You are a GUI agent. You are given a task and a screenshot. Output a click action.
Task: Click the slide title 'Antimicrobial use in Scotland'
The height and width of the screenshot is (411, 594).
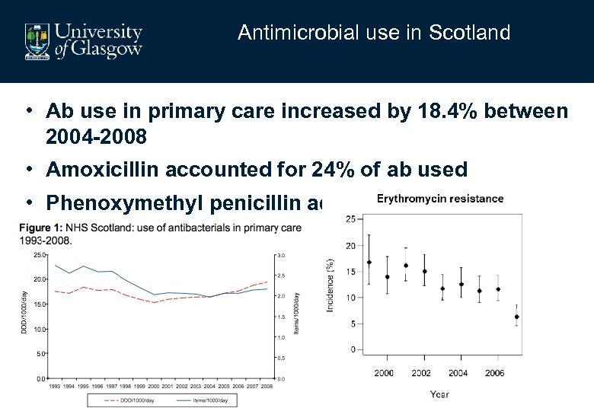373,33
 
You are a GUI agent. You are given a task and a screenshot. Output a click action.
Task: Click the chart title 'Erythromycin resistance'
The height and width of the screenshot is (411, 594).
440,199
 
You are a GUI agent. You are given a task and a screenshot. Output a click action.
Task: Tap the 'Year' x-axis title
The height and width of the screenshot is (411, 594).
439,393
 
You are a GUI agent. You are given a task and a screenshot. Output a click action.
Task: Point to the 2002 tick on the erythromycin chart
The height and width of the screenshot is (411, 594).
421,373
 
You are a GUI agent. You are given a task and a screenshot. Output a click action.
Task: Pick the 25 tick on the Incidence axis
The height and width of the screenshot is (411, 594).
350,219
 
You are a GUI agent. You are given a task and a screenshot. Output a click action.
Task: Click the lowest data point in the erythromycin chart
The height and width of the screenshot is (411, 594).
517,317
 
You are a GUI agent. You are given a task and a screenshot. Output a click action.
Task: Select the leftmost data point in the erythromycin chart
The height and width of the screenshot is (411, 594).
369,262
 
